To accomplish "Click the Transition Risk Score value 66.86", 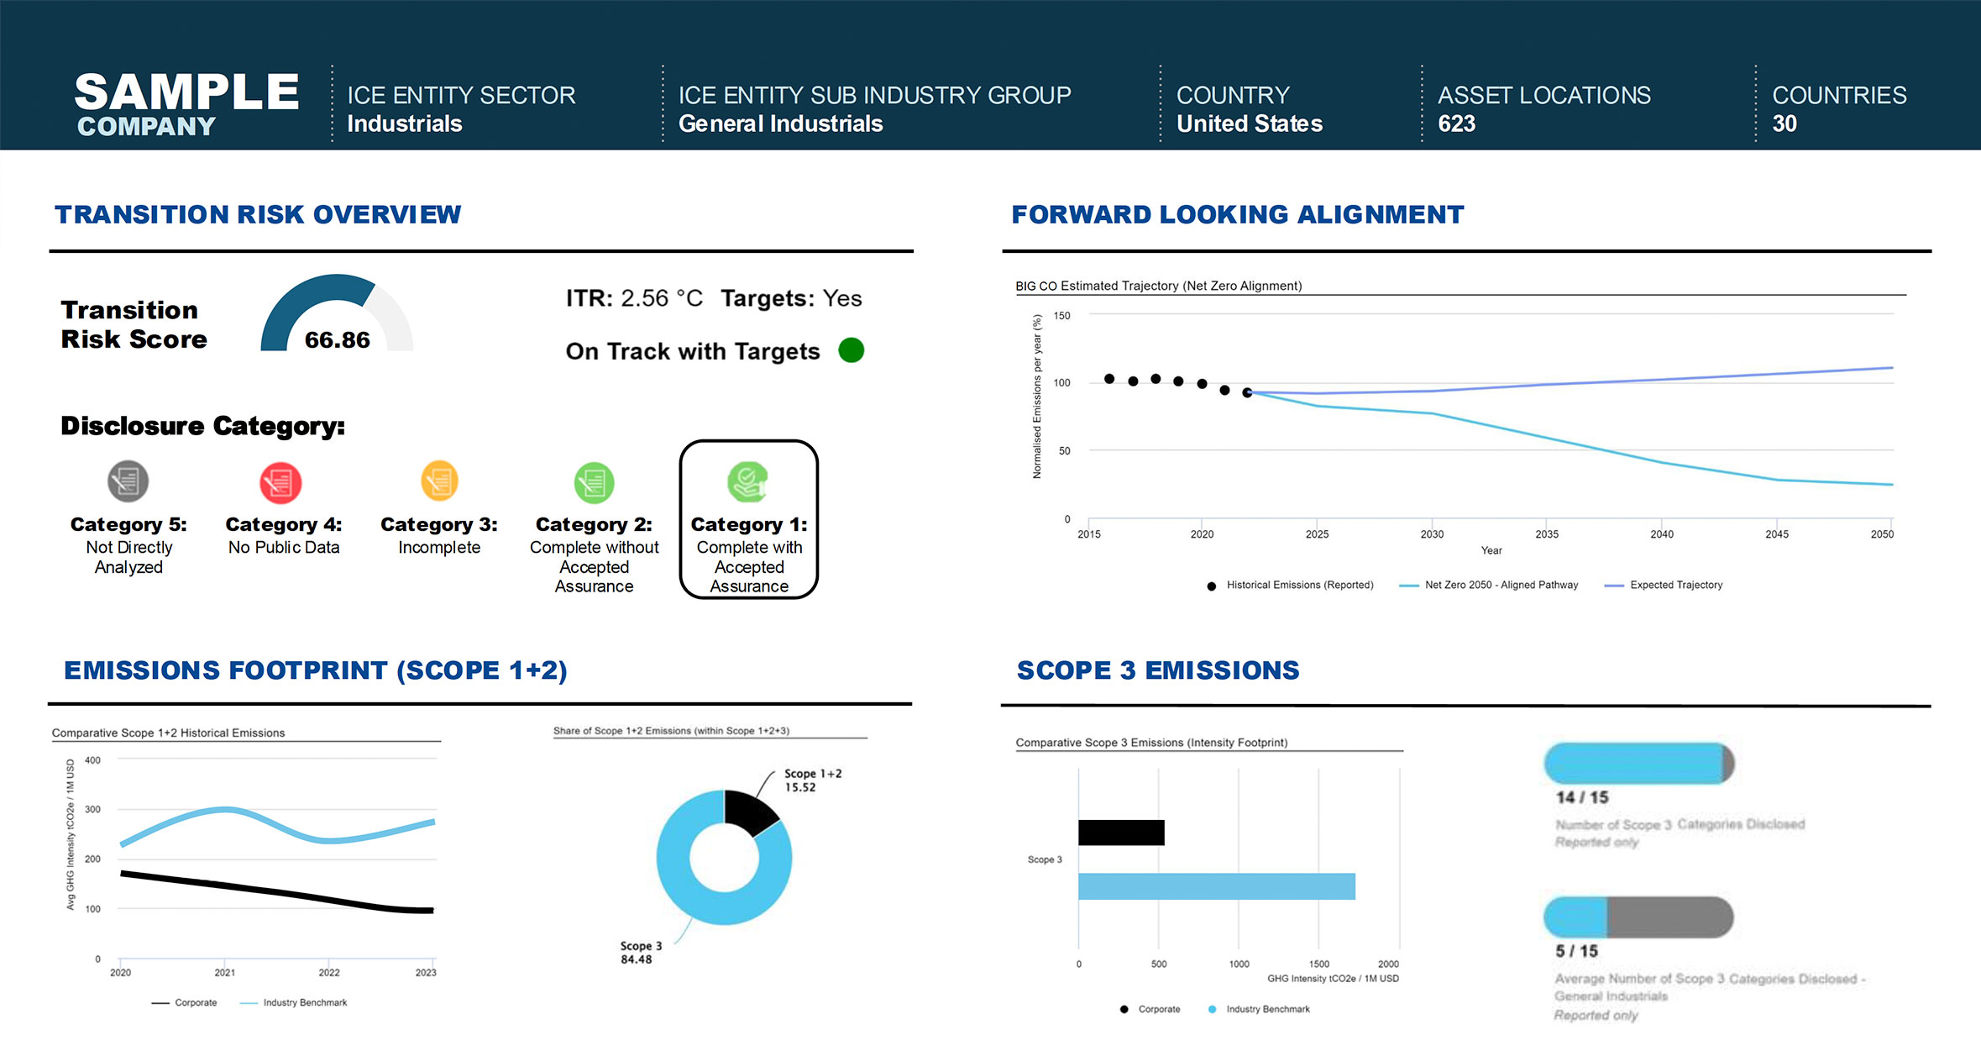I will [337, 340].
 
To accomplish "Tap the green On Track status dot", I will [851, 350].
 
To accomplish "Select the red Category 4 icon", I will [280, 482].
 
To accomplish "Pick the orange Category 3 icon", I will [439, 481].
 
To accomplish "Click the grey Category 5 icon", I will [128, 481].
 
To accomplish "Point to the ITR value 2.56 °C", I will [661, 298].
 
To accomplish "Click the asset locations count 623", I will [1456, 124].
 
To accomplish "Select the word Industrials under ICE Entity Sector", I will [404, 124].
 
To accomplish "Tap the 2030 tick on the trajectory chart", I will [1432, 533].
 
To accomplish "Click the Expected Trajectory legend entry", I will [1675, 585].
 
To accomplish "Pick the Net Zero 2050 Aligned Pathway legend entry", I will [1501, 585].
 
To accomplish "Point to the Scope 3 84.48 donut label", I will [641, 953].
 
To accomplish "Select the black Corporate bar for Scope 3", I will [1121, 833].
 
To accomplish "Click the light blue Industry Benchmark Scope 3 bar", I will [1216, 886].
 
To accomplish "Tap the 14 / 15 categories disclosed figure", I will [1581, 797].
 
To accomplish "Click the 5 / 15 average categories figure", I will [1576, 951].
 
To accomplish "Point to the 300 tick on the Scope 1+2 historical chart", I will [92, 810].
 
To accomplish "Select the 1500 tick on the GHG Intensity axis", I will [1318, 964].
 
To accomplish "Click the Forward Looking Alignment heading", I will [1237, 215].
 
